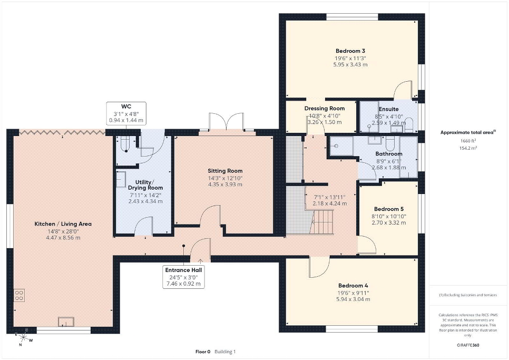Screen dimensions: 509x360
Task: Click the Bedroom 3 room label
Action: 350,51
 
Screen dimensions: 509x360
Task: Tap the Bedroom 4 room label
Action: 353,286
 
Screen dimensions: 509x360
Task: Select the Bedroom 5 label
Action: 388,209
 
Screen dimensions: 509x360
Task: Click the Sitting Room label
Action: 225,171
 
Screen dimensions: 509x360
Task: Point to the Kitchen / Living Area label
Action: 63,224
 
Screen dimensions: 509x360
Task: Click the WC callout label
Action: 126,113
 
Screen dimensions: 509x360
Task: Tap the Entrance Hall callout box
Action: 183,277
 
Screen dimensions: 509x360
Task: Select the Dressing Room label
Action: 324,109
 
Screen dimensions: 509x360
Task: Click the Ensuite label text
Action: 388,109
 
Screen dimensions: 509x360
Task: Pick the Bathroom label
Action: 388,154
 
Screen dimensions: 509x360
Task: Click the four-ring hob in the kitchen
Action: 19,295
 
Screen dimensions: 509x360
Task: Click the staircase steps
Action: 321,222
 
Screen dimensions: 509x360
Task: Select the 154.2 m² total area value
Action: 468,148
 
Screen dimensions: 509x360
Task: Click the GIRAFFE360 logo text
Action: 468,345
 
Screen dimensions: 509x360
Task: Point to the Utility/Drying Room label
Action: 145,185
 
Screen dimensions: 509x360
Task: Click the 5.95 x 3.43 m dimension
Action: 350,65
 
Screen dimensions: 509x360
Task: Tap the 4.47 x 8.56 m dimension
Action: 63,238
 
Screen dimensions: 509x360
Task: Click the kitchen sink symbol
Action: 66,322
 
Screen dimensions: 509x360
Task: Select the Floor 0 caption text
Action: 203,352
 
